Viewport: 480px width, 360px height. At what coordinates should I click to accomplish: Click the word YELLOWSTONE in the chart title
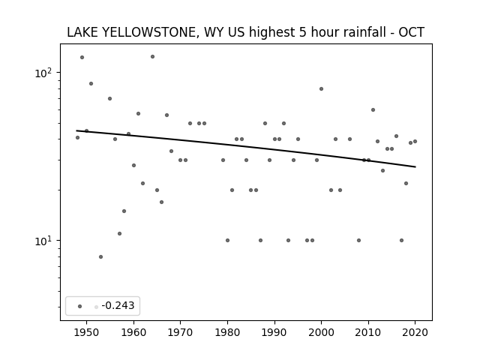tap(148, 32)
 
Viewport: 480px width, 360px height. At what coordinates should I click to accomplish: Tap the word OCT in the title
tap(412, 32)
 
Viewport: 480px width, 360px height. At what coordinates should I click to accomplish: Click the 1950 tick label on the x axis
tap(87, 332)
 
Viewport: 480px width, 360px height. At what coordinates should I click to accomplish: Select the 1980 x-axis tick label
tap(227, 332)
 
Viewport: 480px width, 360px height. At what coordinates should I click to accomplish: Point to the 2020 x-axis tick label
tap(415, 332)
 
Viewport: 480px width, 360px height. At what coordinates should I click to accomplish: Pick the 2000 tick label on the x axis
tap(322, 332)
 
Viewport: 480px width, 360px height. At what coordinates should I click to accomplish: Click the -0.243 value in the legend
tap(118, 305)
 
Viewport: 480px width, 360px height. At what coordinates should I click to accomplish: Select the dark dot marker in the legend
tap(80, 306)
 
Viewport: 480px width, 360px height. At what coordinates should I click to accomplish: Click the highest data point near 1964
tap(152, 57)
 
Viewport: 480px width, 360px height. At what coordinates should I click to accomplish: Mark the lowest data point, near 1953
tap(100, 256)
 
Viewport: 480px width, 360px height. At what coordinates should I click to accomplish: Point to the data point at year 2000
tap(322, 88)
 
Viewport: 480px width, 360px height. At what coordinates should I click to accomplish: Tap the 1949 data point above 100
tap(82, 57)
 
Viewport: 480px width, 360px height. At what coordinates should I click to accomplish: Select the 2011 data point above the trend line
tap(373, 110)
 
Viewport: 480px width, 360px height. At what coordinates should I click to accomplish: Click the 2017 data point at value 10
tap(401, 240)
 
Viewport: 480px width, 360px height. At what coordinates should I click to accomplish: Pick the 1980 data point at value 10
tap(227, 240)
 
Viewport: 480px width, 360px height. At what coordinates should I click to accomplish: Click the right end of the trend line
tap(415, 166)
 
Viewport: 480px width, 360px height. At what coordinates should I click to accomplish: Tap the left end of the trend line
tap(76, 130)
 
